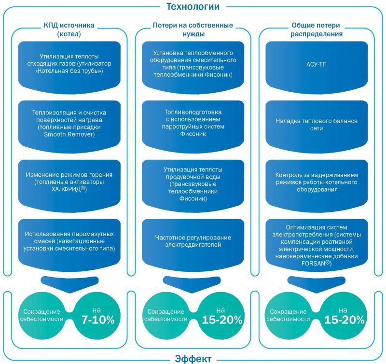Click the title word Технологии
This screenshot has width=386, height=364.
(x=193, y=6)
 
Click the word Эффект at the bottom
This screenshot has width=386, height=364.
(x=193, y=359)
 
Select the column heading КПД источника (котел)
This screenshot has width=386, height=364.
(x=69, y=29)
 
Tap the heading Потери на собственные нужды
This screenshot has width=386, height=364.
(x=193, y=29)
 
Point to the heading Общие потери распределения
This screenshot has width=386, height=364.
(x=317, y=29)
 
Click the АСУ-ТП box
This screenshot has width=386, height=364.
(x=317, y=68)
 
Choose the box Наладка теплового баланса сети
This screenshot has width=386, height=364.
(x=317, y=126)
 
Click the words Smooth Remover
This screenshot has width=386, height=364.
(x=69, y=134)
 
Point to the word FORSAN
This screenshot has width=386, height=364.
(x=313, y=263)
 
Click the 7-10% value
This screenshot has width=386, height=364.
(x=98, y=320)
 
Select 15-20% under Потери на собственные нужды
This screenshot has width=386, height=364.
(x=222, y=320)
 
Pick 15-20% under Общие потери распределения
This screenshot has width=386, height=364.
(x=344, y=320)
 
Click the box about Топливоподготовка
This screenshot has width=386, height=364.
(x=193, y=126)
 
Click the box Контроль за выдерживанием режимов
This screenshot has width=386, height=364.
(x=317, y=186)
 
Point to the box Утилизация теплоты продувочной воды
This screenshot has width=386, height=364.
(x=193, y=186)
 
